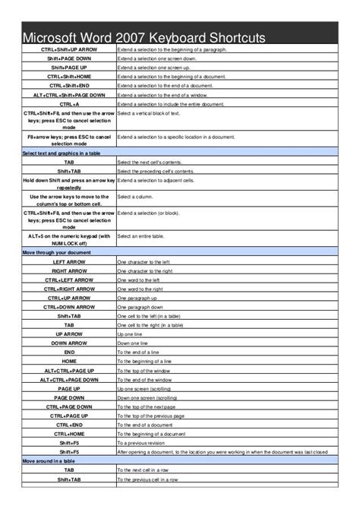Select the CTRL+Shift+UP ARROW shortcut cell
69,49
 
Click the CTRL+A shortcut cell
69,103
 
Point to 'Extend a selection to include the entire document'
170,103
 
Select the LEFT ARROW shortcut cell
69,261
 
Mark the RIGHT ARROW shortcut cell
69,270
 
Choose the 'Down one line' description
134,343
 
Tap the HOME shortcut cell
69,362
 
